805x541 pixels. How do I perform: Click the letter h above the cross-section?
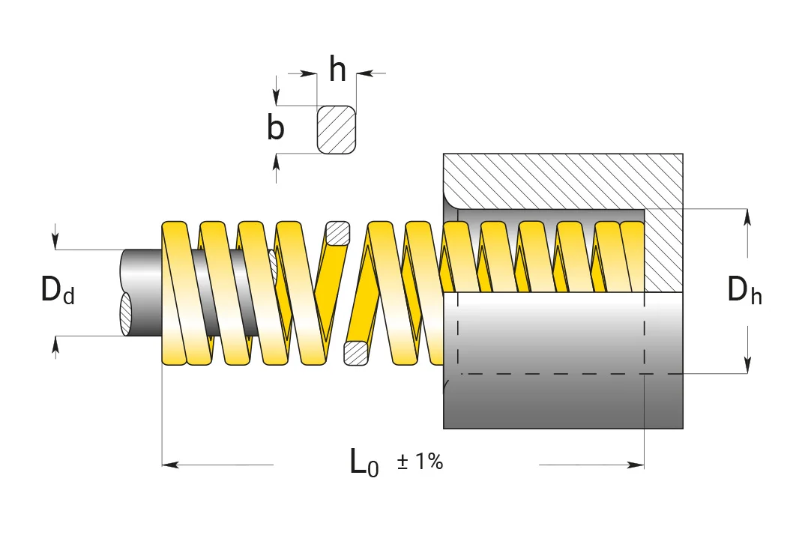pyautogui.click(x=337, y=70)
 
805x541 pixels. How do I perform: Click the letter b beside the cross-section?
pyautogui.click(x=276, y=127)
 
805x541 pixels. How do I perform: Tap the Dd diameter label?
pyautogui.click(x=58, y=290)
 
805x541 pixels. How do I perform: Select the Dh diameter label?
pyautogui.click(x=744, y=290)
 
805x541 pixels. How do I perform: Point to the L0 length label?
pyautogui.click(x=364, y=463)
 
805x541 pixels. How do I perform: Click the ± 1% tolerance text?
pyautogui.click(x=420, y=462)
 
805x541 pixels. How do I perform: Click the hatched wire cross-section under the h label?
pyautogui.click(x=337, y=130)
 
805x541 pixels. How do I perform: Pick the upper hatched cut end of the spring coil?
pyautogui.click(x=338, y=233)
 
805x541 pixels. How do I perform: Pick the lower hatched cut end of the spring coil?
pyautogui.click(x=356, y=353)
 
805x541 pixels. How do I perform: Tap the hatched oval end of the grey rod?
pyautogui.click(x=126, y=314)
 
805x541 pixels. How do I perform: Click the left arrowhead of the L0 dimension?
pyautogui.click(x=170, y=465)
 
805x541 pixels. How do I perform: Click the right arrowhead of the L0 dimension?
pyautogui.click(x=636, y=465)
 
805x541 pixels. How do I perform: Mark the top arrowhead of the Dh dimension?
pyautogui.click(x=747, y=217)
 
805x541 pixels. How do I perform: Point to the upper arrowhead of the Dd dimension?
pyautogui.click(x=55, y=241)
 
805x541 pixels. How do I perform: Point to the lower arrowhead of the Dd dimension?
pyautogui.click(x=55, y=345)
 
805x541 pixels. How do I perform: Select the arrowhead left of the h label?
pyautogui.click(x=309, y=74)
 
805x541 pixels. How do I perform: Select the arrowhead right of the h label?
pyautogui.click(x=364, y=74)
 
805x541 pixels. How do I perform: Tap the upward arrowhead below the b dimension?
pyautogui.click(x=277, y=162)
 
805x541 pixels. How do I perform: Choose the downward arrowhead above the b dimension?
pyautogui.click(x=277, y=97)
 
